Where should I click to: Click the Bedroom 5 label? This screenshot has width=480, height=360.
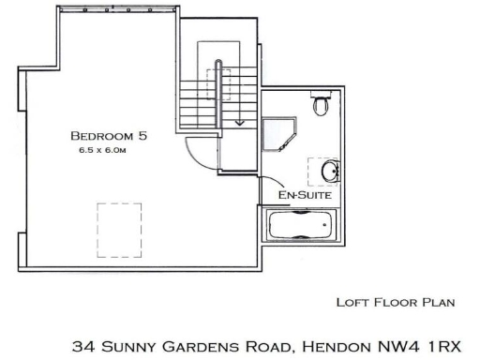(112, 135)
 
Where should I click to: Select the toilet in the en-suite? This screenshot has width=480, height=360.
(322, 103)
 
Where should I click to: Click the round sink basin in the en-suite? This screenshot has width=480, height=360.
(329, 172)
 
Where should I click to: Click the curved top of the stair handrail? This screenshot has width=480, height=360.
(219, 63)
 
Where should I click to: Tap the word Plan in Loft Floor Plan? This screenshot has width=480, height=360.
(436, 302)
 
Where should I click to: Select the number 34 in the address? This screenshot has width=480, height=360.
(83, 346)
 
